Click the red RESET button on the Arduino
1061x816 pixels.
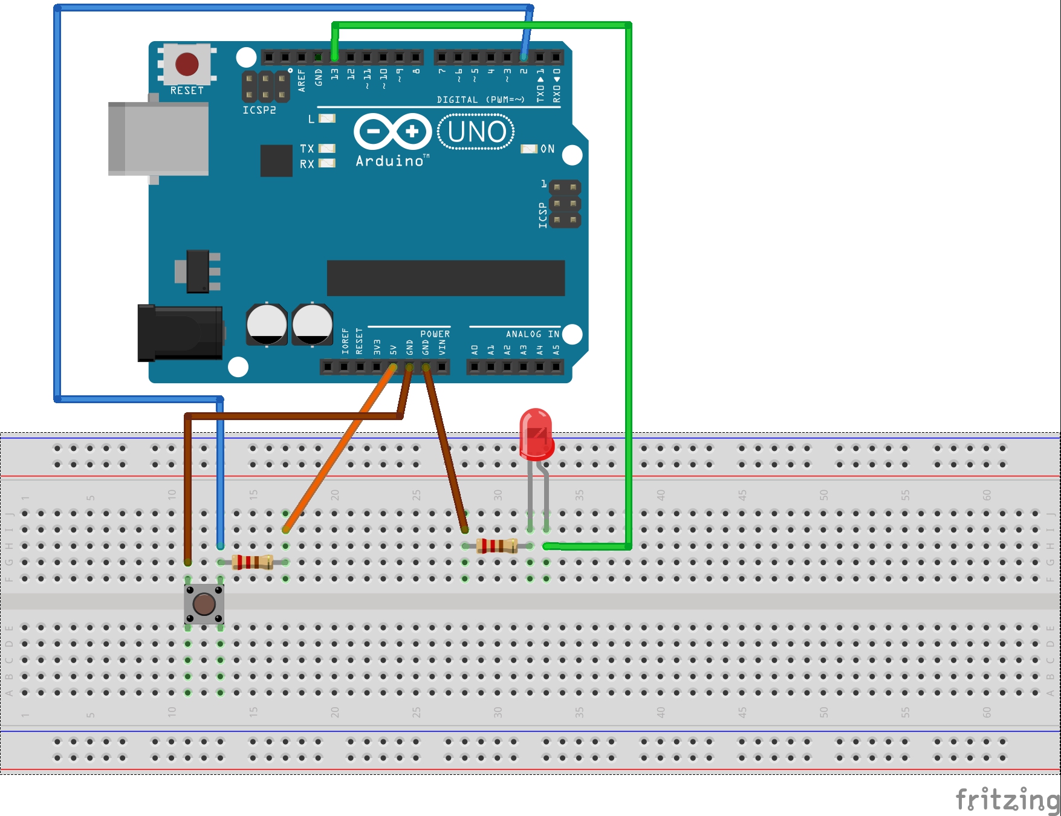click(x=187, y=64)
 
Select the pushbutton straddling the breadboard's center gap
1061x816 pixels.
click(x=204, y=603)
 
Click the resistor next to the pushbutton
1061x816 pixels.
click(x=253, y=562)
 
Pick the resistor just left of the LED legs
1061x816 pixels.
click(x=497, y=546)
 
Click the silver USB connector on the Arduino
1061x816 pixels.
click(x=158, y=138)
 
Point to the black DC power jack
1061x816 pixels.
click(x=180, y=333)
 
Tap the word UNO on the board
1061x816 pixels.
click(x=476, y=132)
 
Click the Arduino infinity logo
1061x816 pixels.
click(x=393, y=131)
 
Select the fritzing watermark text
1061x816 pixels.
click(x=1007, y=800)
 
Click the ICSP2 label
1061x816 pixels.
click(x=259, y=110)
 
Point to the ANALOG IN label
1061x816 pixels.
click(x=533, y=334)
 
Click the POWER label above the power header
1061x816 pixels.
click(x=435, y=334)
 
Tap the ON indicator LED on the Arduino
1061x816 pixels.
click(x=529, y=149)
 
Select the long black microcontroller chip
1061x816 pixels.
click(x=446, y=278)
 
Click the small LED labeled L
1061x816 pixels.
click(x=327, y=118)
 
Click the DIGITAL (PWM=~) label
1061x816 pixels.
click(x=481, y=100)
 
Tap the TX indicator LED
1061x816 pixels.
click(x=327, y=149)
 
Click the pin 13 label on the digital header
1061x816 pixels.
click(x=335, y=75)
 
